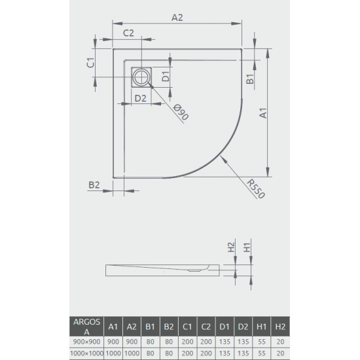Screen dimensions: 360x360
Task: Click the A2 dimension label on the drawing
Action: pos(177,18)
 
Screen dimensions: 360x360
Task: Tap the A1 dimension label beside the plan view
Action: pos(263,115)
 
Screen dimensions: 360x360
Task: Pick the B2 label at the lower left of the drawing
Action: pos(94,185)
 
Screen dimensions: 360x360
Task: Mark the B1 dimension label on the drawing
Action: pos(250,80)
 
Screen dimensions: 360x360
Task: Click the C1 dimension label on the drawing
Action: pos(92,63)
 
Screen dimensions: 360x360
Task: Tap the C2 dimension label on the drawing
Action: pos(128,33)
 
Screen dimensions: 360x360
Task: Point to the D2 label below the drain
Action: pos(140,98)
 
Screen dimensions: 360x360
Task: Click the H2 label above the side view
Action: pos(230,248)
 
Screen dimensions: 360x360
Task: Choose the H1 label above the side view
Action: pos(247,248)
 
